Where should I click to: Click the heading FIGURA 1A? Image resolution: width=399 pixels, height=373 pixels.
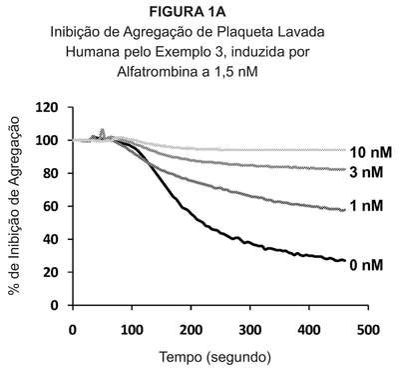coord(188,12)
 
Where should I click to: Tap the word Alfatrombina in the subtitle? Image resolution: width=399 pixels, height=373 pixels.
coord(157,72)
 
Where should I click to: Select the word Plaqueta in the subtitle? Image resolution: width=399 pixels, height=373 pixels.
coord(242,33)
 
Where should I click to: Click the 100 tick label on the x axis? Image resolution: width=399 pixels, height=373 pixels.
coord(132,330)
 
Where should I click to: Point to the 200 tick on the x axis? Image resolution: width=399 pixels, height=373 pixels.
coord(192,330)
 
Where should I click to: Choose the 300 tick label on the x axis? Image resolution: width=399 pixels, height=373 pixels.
coord(250,330)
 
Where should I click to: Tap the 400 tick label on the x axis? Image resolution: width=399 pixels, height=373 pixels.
coord(309,330)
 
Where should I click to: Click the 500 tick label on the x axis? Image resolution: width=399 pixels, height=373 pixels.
coord(368,330)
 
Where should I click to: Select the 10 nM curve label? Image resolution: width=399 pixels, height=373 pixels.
coord(370,152)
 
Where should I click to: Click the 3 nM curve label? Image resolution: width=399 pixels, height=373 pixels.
coord(366,172)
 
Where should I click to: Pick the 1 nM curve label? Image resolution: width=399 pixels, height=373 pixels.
coord(367,206)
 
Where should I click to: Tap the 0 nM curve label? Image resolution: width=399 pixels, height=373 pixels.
coord(366,265)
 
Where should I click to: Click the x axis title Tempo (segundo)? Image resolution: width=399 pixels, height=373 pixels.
coord(215,358)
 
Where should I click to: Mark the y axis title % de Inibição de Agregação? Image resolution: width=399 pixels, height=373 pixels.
coord(15,206)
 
